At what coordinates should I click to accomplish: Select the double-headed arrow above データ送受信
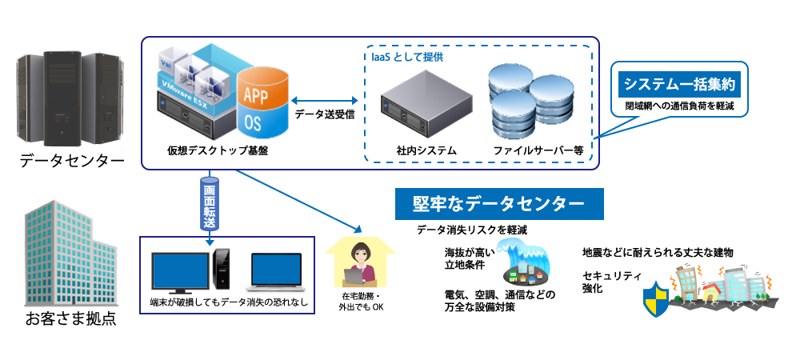(325, 100)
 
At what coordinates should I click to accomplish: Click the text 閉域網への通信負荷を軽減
(679, 106)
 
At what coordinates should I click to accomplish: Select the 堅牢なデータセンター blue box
(499, 204)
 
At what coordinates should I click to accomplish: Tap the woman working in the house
(361, 261)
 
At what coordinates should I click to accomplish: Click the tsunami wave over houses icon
(524, 262)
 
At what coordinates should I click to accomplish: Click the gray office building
(70, 254)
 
